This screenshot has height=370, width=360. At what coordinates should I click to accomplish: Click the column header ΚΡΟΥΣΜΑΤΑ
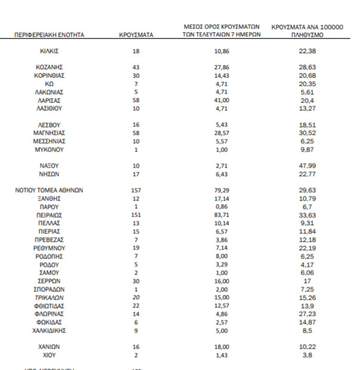click(136, 35)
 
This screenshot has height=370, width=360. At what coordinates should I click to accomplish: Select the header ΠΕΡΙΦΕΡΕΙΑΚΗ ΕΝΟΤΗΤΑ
click(50, 35)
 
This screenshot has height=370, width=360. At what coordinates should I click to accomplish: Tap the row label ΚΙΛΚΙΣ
click(50, 52)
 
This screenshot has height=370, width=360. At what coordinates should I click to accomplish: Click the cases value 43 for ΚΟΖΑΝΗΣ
click(136, 68)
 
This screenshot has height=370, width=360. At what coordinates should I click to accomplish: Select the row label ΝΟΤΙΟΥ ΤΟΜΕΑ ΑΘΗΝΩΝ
click(50, 190)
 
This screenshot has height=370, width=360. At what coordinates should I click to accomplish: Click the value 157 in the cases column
click(136, 190)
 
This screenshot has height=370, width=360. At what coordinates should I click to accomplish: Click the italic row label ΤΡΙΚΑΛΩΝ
click(50, 297)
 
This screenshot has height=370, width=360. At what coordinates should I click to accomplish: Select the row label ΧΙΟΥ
click(50, 354)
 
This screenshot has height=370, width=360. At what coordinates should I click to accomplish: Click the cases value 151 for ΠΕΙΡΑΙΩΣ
click(136, 214)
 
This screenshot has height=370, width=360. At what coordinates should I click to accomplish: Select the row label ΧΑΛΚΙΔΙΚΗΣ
click(50, 330)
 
